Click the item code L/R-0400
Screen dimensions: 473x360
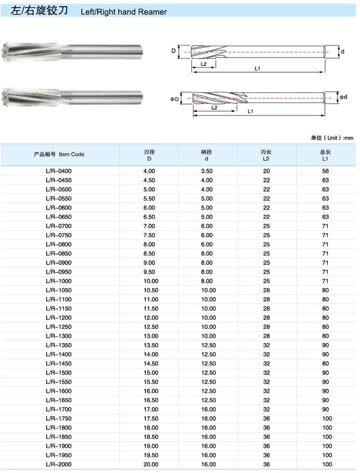pos(58,171)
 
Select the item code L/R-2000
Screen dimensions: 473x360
pos(58,464)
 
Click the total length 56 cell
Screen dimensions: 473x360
pos(325,171)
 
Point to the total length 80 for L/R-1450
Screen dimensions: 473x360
pos(325,364)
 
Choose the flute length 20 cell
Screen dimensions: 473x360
pos(266,171)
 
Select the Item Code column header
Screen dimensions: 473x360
pos(59,154)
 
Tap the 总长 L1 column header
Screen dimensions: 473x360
pos(325,155)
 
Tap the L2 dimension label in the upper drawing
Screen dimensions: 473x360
pos(203,64)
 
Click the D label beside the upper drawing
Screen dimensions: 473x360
pos(173,51)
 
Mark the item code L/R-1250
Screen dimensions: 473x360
pos(58,327)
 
